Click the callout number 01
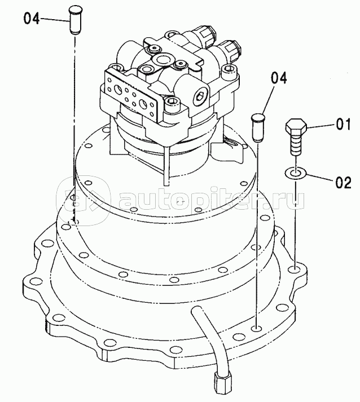point(343,124)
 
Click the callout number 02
point(343,182)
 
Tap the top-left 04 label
point(32,19)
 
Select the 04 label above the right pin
point(279,78)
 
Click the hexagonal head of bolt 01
point(296,125)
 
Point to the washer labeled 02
point(295,173)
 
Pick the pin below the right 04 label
point(258,127)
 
